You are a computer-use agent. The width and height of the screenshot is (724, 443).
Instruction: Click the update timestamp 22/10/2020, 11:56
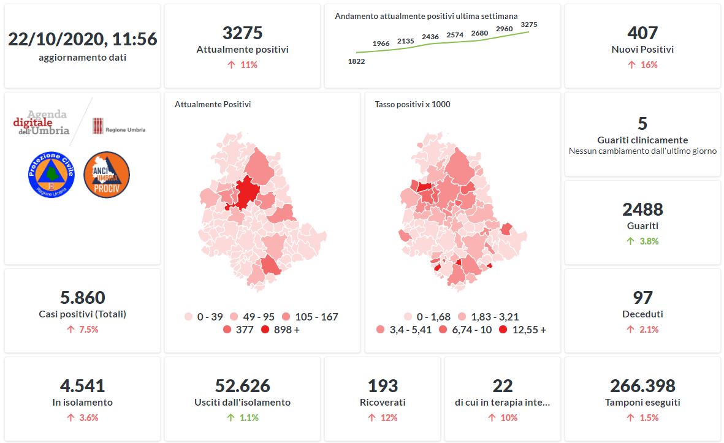click(82, 39)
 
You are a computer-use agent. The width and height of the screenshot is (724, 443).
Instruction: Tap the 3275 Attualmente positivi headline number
click(242, 32)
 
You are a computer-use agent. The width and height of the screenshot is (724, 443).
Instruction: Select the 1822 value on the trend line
click(356, 61)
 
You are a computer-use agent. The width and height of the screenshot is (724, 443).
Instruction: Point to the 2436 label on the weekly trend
click(430, 37)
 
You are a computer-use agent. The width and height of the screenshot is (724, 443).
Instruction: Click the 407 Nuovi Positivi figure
click(642, 32)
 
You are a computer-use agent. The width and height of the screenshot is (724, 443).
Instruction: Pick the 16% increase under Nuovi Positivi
click(642, 65)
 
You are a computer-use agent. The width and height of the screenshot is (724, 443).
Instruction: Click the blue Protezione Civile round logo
click(51, 175)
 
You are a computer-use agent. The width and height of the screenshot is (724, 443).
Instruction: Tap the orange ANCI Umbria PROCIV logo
click(106, 175)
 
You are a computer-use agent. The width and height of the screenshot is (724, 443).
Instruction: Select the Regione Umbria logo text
click(125, 130)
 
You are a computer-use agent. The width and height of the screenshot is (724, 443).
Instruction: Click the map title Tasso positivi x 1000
click(413, 105)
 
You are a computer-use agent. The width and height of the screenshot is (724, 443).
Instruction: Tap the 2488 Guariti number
click(642, 210)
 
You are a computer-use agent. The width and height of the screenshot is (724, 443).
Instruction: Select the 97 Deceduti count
click(642, 298)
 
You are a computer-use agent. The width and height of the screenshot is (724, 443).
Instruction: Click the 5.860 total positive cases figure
click(82, 298)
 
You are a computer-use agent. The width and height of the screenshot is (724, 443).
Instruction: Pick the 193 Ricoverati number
click(383, 386)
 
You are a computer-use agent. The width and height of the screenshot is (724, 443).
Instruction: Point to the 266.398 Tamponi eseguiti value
click(642, 386)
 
